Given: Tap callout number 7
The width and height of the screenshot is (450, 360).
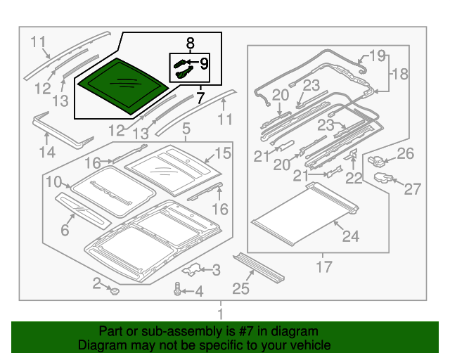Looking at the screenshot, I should tap(201, 98).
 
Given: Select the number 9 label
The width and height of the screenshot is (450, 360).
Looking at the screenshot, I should tap(204, 64).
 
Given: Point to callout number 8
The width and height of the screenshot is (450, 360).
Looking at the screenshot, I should tap(188, 42).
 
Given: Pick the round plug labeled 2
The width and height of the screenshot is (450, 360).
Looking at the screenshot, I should tap(113, 289).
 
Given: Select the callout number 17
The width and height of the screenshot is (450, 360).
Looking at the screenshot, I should tap(323, 267).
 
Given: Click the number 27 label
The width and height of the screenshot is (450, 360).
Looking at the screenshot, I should tap(411, 188).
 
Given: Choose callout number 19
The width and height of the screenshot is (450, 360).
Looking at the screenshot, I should tap(378, 55).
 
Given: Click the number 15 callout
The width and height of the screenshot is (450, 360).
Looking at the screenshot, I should tap(222, 153).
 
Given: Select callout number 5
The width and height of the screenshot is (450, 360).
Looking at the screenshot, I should tap(186, 129).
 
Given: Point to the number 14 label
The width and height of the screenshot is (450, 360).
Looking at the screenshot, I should tap(47, 151).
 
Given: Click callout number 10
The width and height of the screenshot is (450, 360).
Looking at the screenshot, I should tap(54, 183).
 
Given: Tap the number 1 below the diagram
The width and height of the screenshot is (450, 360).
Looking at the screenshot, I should tap(220, 314).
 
